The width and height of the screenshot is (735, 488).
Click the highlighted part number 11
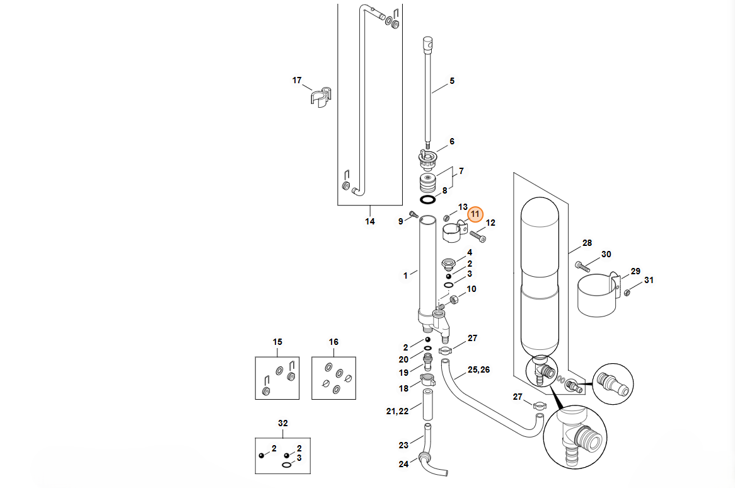(475, 214)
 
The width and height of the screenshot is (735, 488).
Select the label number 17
(297, 80)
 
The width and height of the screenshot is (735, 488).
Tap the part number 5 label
(452, 81)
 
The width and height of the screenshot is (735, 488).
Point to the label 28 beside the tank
(587, 243)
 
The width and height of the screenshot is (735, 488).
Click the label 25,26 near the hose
(478, 369)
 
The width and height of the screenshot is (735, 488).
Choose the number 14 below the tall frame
(370, 221)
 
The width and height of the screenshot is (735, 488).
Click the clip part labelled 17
(321, 96)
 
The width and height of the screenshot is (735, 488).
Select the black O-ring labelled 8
(427, 200)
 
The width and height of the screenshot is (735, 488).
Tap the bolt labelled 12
(478, 236)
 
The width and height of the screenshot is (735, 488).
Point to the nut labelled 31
(627, 293)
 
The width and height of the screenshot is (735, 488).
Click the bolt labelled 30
(582, 267)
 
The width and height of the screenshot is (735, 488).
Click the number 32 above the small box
(282, 423)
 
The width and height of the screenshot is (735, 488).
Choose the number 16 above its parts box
(333, 342)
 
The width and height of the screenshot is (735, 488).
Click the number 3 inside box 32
(299, 458)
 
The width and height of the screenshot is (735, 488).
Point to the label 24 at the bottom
(403, 464)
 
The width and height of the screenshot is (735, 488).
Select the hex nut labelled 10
(454, 299)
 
